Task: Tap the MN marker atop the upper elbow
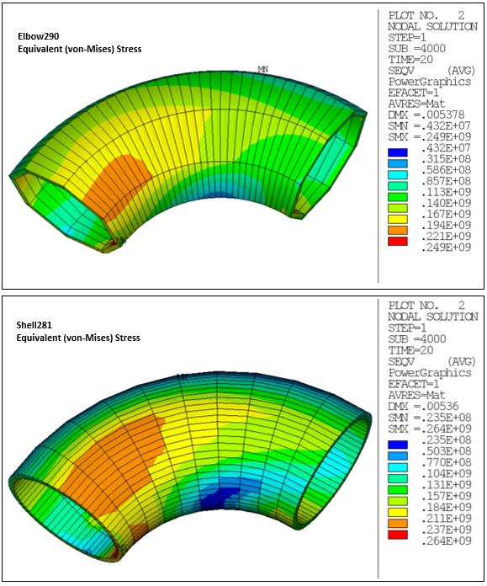pyautogui.click(x=263, y=69)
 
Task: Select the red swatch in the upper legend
pyautogui.click(x=398, y=241)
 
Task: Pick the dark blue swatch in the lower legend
pyautogui.click(x=398, y=440)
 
